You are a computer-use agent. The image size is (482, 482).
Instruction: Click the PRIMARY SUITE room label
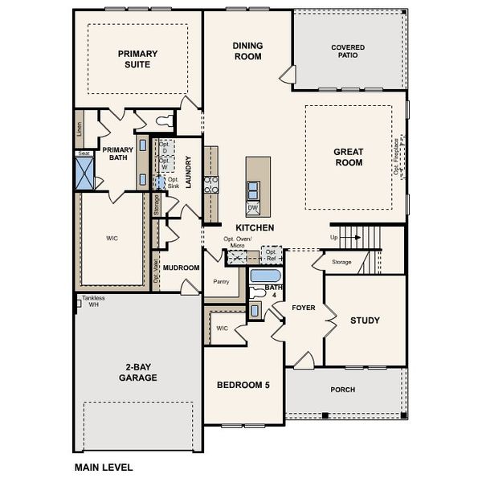pyautogui.click(x=137, y=60)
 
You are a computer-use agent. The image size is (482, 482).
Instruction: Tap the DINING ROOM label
pyautogui.click(x=247, y=51)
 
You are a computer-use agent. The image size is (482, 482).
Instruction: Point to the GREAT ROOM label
pyautogui.click(x=349, y=157)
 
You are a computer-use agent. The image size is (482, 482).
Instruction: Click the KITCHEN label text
pyautogui.click(x=255, y=228)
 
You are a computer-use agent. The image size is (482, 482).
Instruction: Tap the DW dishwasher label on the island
pyautogui.click(x=253, y=208)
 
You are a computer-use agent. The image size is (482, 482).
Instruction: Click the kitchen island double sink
pyautogui.click(x=253, y=190)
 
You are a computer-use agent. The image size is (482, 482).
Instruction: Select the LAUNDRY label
pyautogui.click(x=188, y=172)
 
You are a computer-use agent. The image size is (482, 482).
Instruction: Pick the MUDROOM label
pyautogui.click(x=182, y=268)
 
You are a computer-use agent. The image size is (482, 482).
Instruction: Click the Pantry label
pyautogui.click(x=222, y=282)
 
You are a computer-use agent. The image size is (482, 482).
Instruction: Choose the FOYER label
pyautogui.click(x=304, y=308)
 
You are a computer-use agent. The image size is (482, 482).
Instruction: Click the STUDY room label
pyautogui.click(x=365, y=321)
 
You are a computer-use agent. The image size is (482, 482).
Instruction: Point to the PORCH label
pyautogui.click(x=343, y=390)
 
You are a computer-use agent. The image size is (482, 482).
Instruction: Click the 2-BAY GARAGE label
pyautogui.click(x=137, y=371)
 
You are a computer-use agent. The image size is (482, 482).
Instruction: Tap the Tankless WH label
pyautogui.click(x=92, y=301)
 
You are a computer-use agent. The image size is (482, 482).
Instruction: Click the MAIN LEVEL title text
pyautogui.click(x=104, y=467)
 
